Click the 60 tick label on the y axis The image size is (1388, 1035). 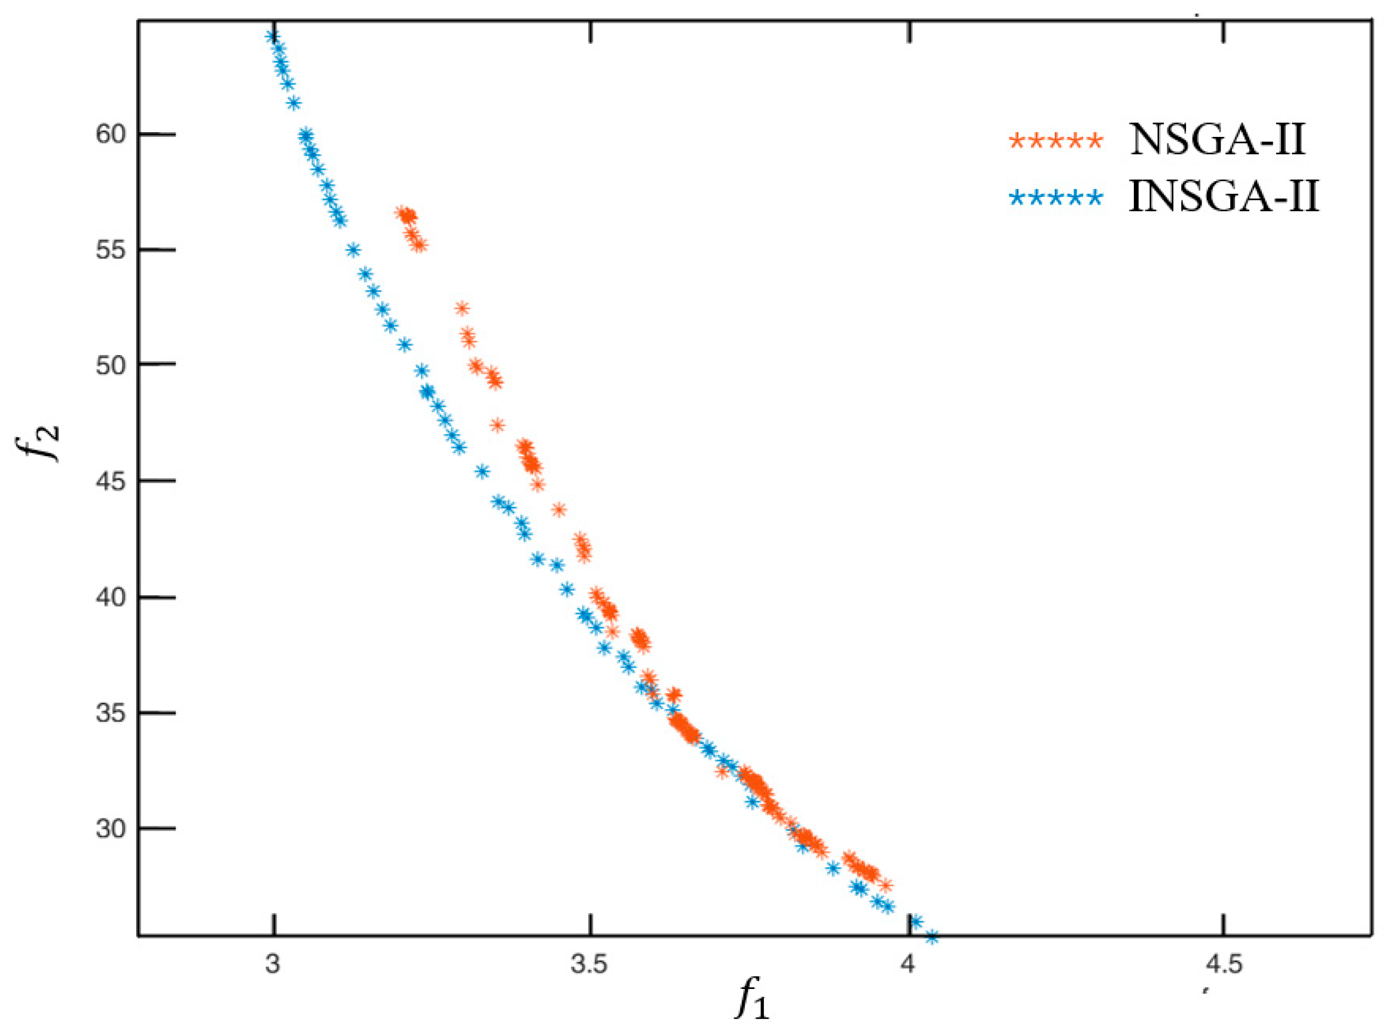[x=109, y=134]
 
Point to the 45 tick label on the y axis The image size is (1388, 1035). [x=109, y=481]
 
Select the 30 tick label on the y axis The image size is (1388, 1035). [x=109, y=829]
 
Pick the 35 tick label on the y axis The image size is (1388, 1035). [x=109, y=713]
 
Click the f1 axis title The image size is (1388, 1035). [x=752, y=1005]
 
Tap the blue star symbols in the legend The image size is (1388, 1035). [x=1056, y=199]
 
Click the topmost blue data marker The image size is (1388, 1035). [x=271, y=36]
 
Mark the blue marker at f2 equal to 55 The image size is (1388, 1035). [x=353, y=250]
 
